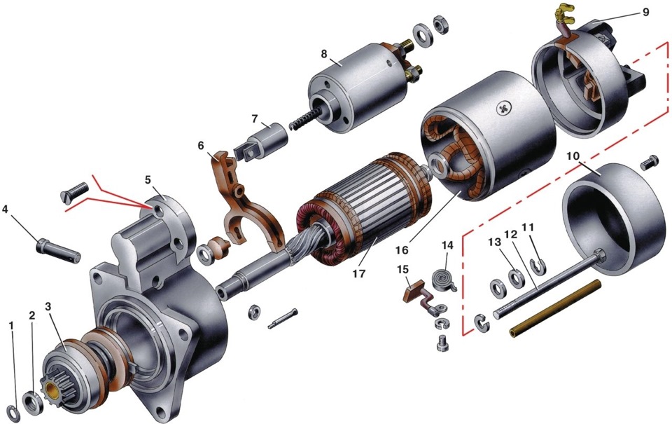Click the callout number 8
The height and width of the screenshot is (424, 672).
click(323, 54)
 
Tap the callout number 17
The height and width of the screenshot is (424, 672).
click(358, 273)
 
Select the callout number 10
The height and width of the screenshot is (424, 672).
click(573, 155)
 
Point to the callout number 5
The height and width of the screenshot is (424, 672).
click(148, 179)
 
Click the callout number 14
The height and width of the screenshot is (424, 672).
click(447, 245)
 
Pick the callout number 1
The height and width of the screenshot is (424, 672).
click(12, 326)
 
